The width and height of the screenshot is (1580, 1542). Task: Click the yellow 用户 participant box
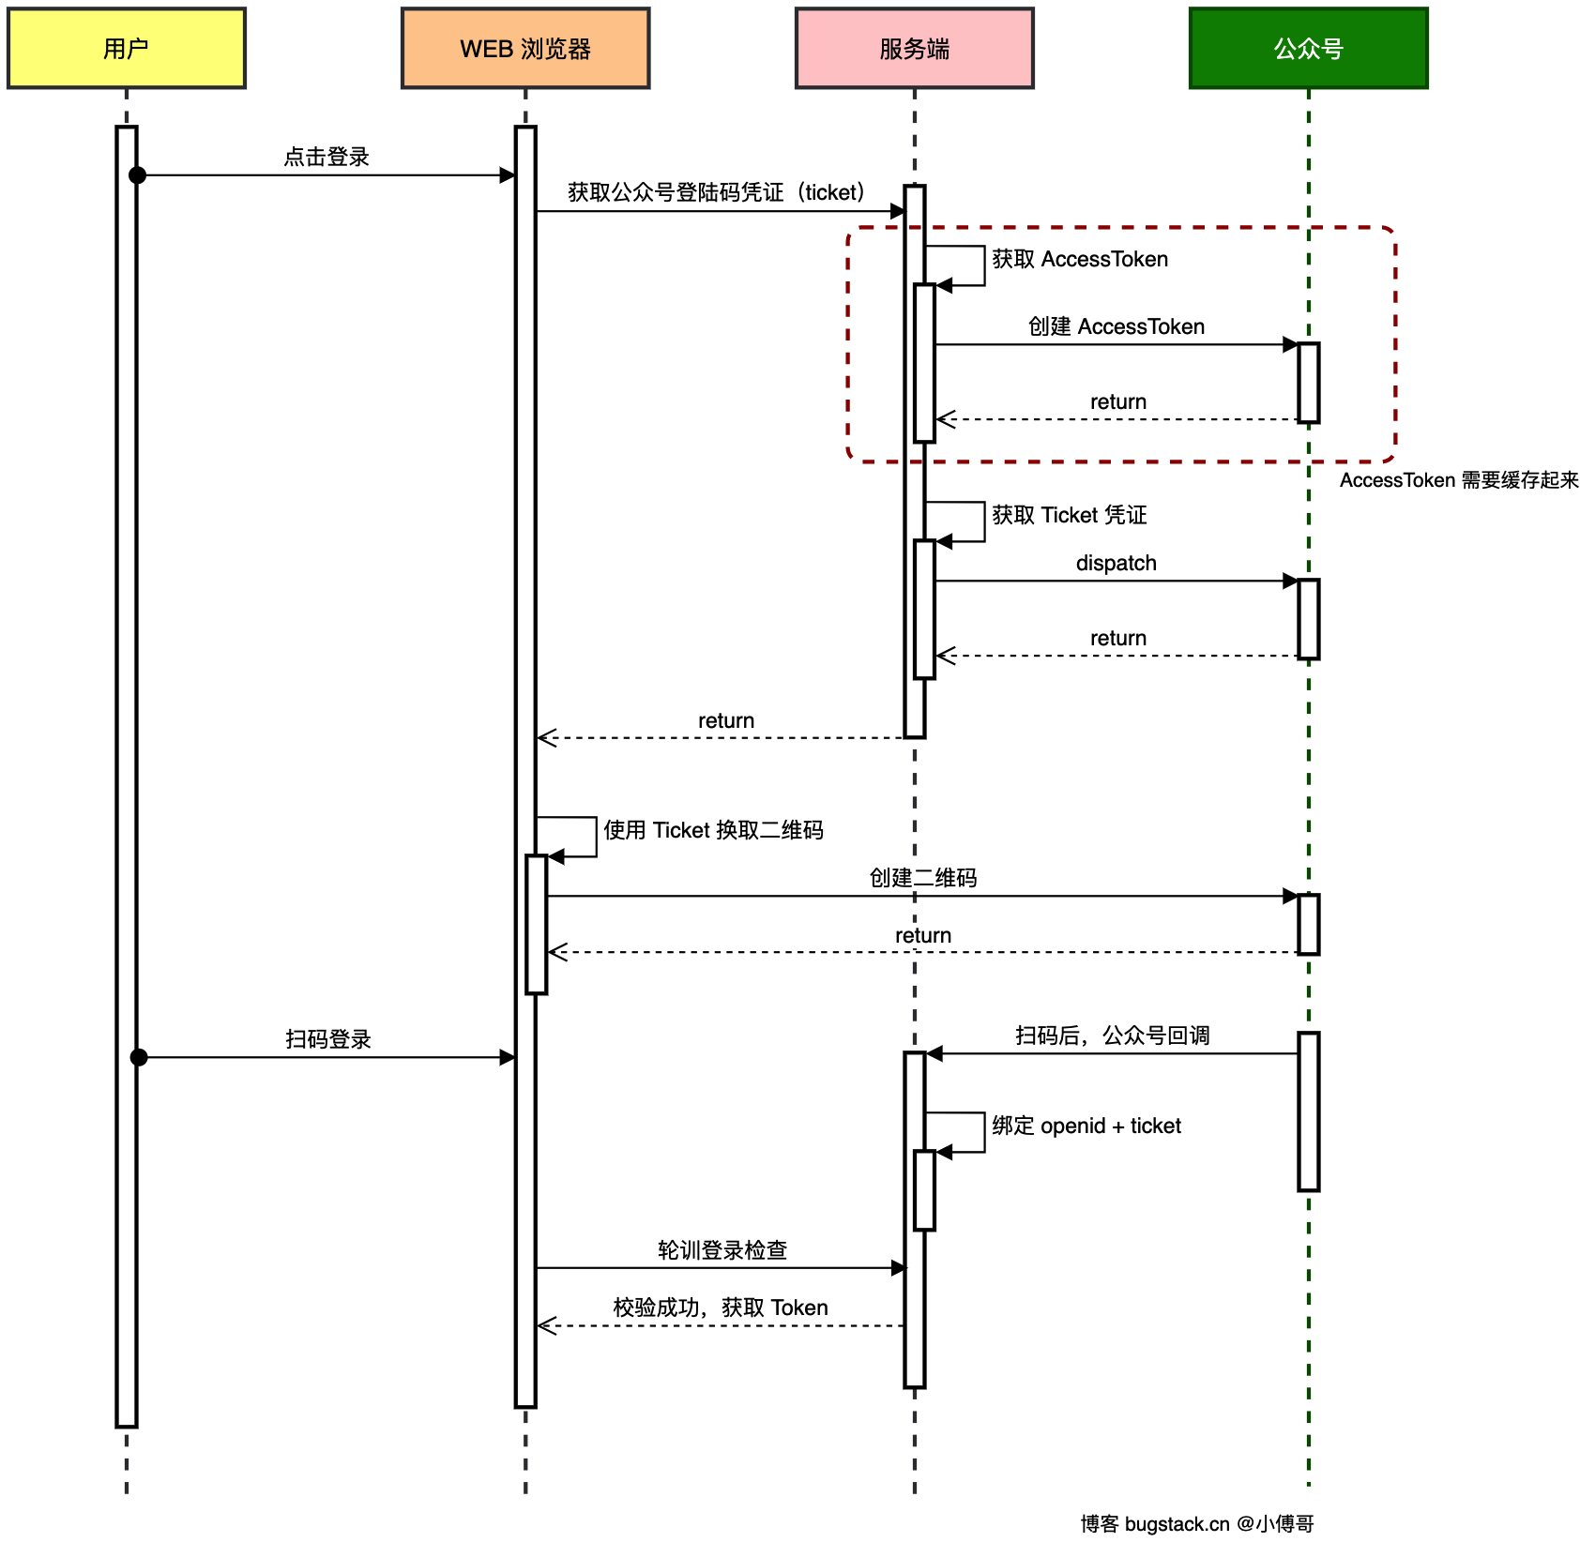coord(127,49)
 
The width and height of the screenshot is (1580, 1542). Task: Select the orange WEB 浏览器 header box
coord(525,49)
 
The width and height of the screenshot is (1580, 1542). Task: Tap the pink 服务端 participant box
coord(915,49)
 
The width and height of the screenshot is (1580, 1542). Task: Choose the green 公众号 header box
coord(1309,49)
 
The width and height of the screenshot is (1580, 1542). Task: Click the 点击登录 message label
coord(327,157)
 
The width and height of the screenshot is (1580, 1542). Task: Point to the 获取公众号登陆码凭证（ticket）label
coord(716,192)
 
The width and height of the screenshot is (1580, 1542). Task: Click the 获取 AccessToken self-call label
coord(1080,259)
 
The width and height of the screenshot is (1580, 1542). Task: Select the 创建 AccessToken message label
coord(1117,326)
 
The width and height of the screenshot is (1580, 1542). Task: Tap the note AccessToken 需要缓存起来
coord(1459,480)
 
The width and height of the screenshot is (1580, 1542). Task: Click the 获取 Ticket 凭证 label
coord(1070,515)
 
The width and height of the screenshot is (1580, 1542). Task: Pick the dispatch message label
coord(1117,563)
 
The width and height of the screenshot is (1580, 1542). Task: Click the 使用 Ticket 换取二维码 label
coord(713,830)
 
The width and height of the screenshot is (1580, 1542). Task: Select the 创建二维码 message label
coord(923,878)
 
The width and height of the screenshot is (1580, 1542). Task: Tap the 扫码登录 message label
coord(328,1039)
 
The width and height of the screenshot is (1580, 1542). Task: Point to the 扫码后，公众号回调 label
coord(1113,1036)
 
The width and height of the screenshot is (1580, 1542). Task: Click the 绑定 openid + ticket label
coord(1086,1126)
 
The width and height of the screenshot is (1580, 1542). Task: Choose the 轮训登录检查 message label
coord(722,1250)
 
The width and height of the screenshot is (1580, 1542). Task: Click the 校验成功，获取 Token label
coord(721,1308)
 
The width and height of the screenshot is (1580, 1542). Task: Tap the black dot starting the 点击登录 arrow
coord(138,175)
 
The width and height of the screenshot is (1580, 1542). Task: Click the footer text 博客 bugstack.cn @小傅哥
coord(1197,1524)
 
